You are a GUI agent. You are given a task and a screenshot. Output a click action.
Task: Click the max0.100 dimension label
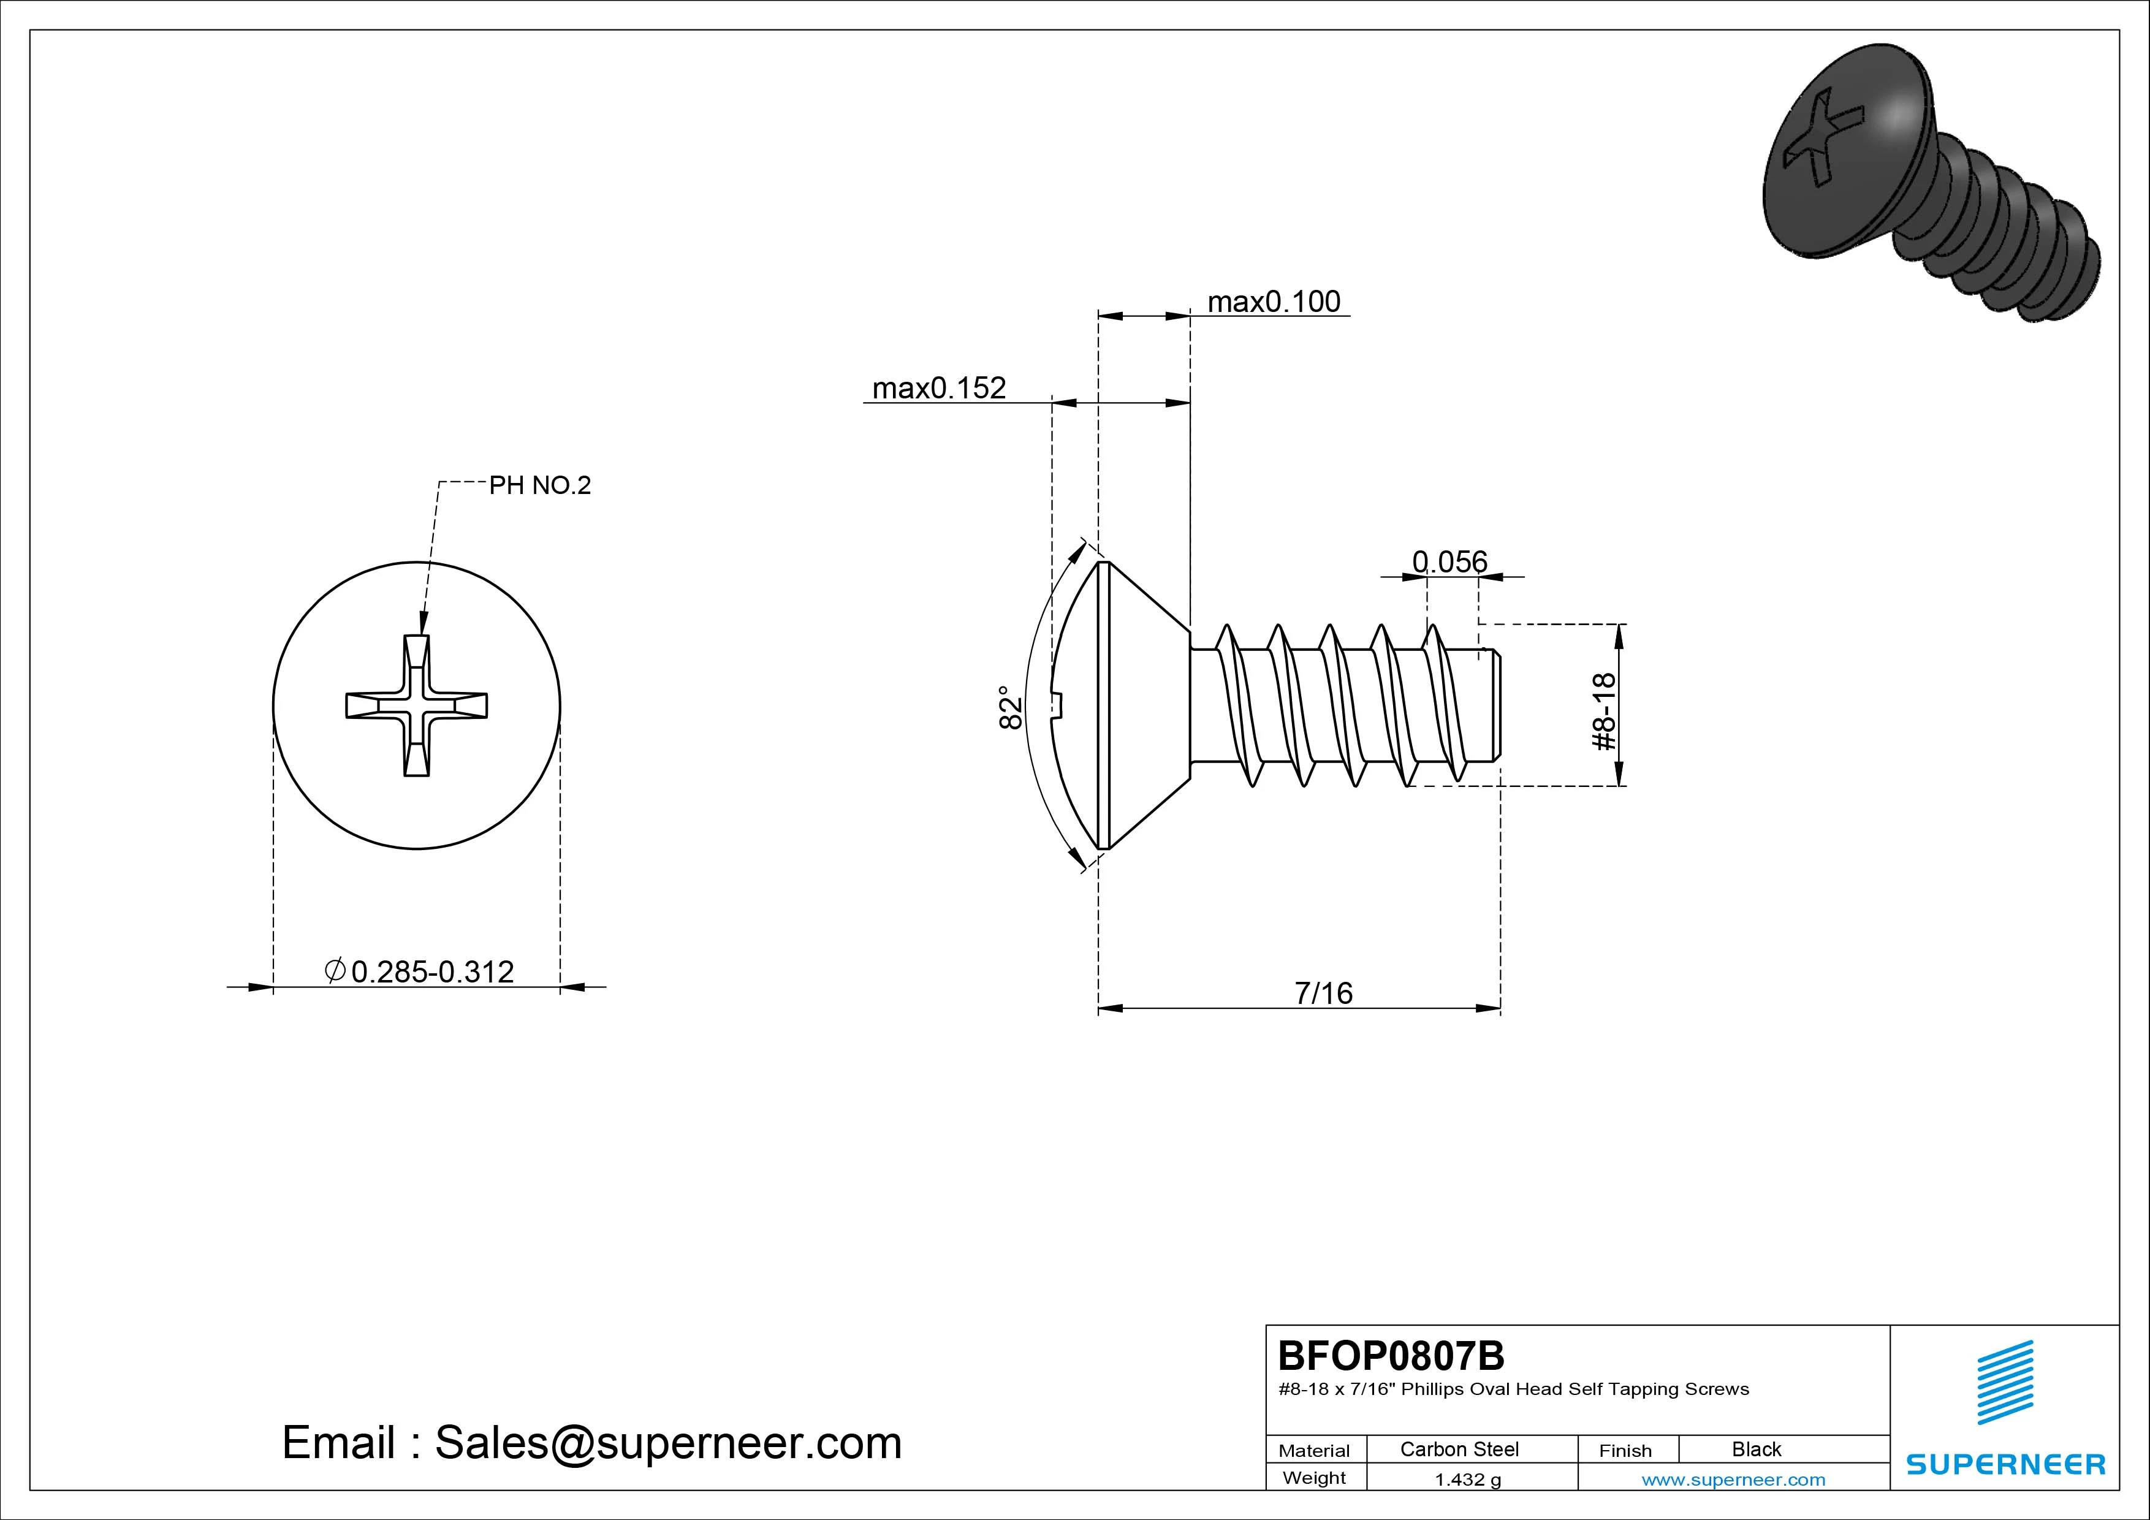coord(1274,302)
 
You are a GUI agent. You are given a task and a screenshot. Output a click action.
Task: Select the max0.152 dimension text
coord(938,388)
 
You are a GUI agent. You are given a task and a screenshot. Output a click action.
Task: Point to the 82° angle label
coord(1009,707)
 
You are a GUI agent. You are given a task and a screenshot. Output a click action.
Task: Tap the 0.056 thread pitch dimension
coord(1449,562)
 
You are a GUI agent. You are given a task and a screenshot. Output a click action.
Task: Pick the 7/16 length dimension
coord(1323,993)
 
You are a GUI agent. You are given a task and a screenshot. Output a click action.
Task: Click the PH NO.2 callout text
coord(541,485)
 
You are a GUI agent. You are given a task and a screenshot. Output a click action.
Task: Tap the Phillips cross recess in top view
coord(417,705)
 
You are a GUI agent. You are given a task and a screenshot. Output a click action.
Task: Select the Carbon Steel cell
coord(1459,1449)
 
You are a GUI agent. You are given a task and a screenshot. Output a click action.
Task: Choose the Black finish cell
coord(1756,1449)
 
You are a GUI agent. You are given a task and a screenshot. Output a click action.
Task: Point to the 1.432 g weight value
coord(1467,1480)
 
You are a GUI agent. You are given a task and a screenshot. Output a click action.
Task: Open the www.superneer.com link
coord(1733,1480)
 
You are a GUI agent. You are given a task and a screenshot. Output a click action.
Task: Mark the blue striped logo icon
coord(2005,1382)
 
